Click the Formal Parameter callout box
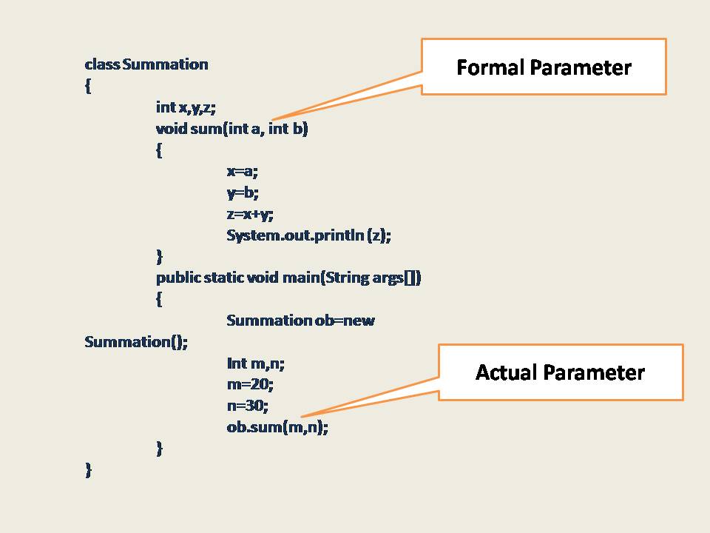544,67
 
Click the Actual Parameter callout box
560,372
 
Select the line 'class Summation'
146,64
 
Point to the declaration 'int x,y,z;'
186,107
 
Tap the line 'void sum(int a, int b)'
231,129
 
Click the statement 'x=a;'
243,172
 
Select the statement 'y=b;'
243,193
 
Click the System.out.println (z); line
308,236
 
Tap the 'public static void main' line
288,278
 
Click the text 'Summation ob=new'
300,321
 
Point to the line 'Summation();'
136,342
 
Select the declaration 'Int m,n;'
255,363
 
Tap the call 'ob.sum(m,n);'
277,428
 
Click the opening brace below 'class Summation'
88,86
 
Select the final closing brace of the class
89,470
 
